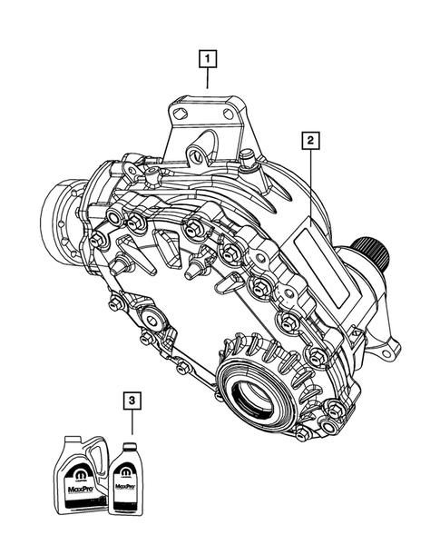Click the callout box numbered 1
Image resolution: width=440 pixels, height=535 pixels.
210,61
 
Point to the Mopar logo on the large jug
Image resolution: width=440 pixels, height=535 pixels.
76,469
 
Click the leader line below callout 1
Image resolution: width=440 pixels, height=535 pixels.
210,79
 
